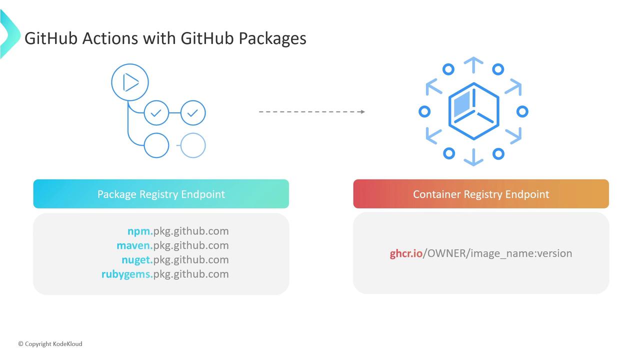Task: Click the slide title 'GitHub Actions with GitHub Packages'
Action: pyautogui.click(x=165, y=38)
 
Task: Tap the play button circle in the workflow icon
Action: pyautogui.click(x=130, y=82)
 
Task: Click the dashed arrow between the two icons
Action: pyautogui.click(x=311, y=111)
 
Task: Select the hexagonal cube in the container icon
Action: pyautogui.click(x=473, y=111)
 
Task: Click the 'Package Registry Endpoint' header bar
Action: pyautogui.click(x=161, y=194)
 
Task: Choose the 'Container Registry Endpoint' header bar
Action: pyautogui.click(x=481, y=194)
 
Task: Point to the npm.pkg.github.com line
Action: pyautogui.click(x=177, y=231)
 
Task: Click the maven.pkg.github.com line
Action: pyautogui.click(x=172, y=245)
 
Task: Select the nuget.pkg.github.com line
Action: pyautogui.click(x=175, y=259)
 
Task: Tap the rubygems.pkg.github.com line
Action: pyautogui.click(x=165, y=274)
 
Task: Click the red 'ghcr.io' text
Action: pyautogui.click(x=406, y=253)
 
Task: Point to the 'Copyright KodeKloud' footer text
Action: pyautogui.click(x=50, y=344)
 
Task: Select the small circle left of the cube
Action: pyautogui.click(x=424, y=111)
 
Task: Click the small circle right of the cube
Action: pyautogui.click(x=522, y=111)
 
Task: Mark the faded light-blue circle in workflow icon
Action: pyautogui.click(x=193, y=145)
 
